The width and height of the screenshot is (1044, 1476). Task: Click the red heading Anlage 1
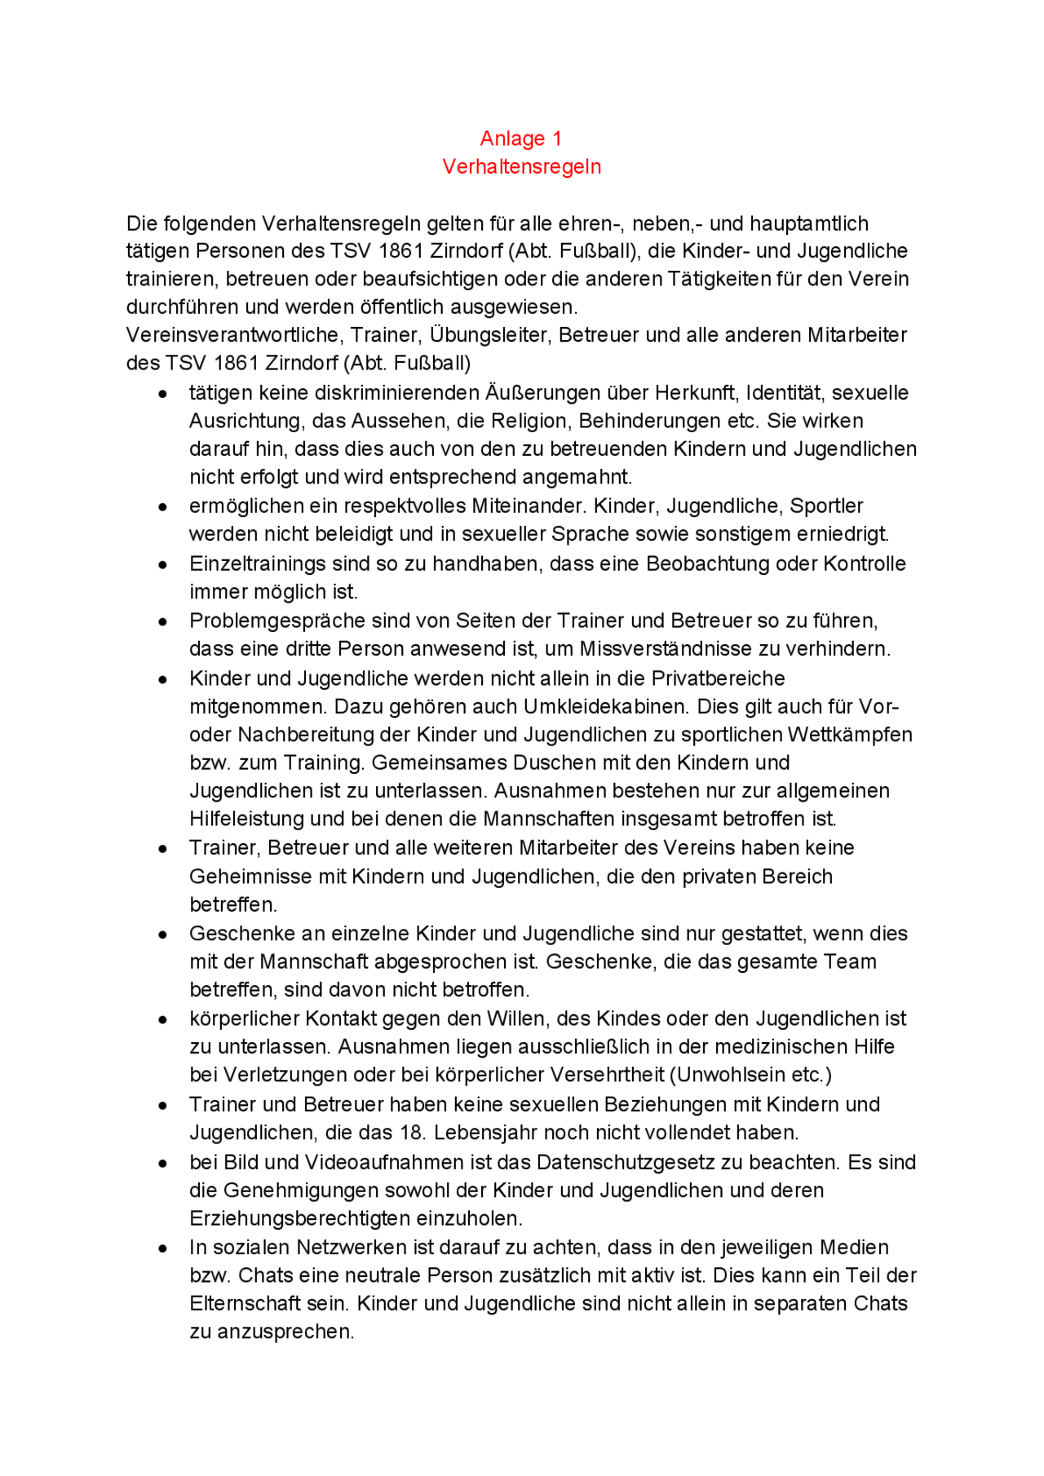tap(520, 139)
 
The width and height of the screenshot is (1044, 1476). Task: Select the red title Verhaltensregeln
tap(521, 166)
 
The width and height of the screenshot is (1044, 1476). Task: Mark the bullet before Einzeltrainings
tap(164, 564)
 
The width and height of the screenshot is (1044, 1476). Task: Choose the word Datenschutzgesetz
tap(639, 1162)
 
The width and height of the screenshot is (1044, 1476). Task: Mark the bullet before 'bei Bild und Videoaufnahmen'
tap(164, 1163)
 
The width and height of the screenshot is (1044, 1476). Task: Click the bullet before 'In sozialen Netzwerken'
tap(164, 1248)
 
